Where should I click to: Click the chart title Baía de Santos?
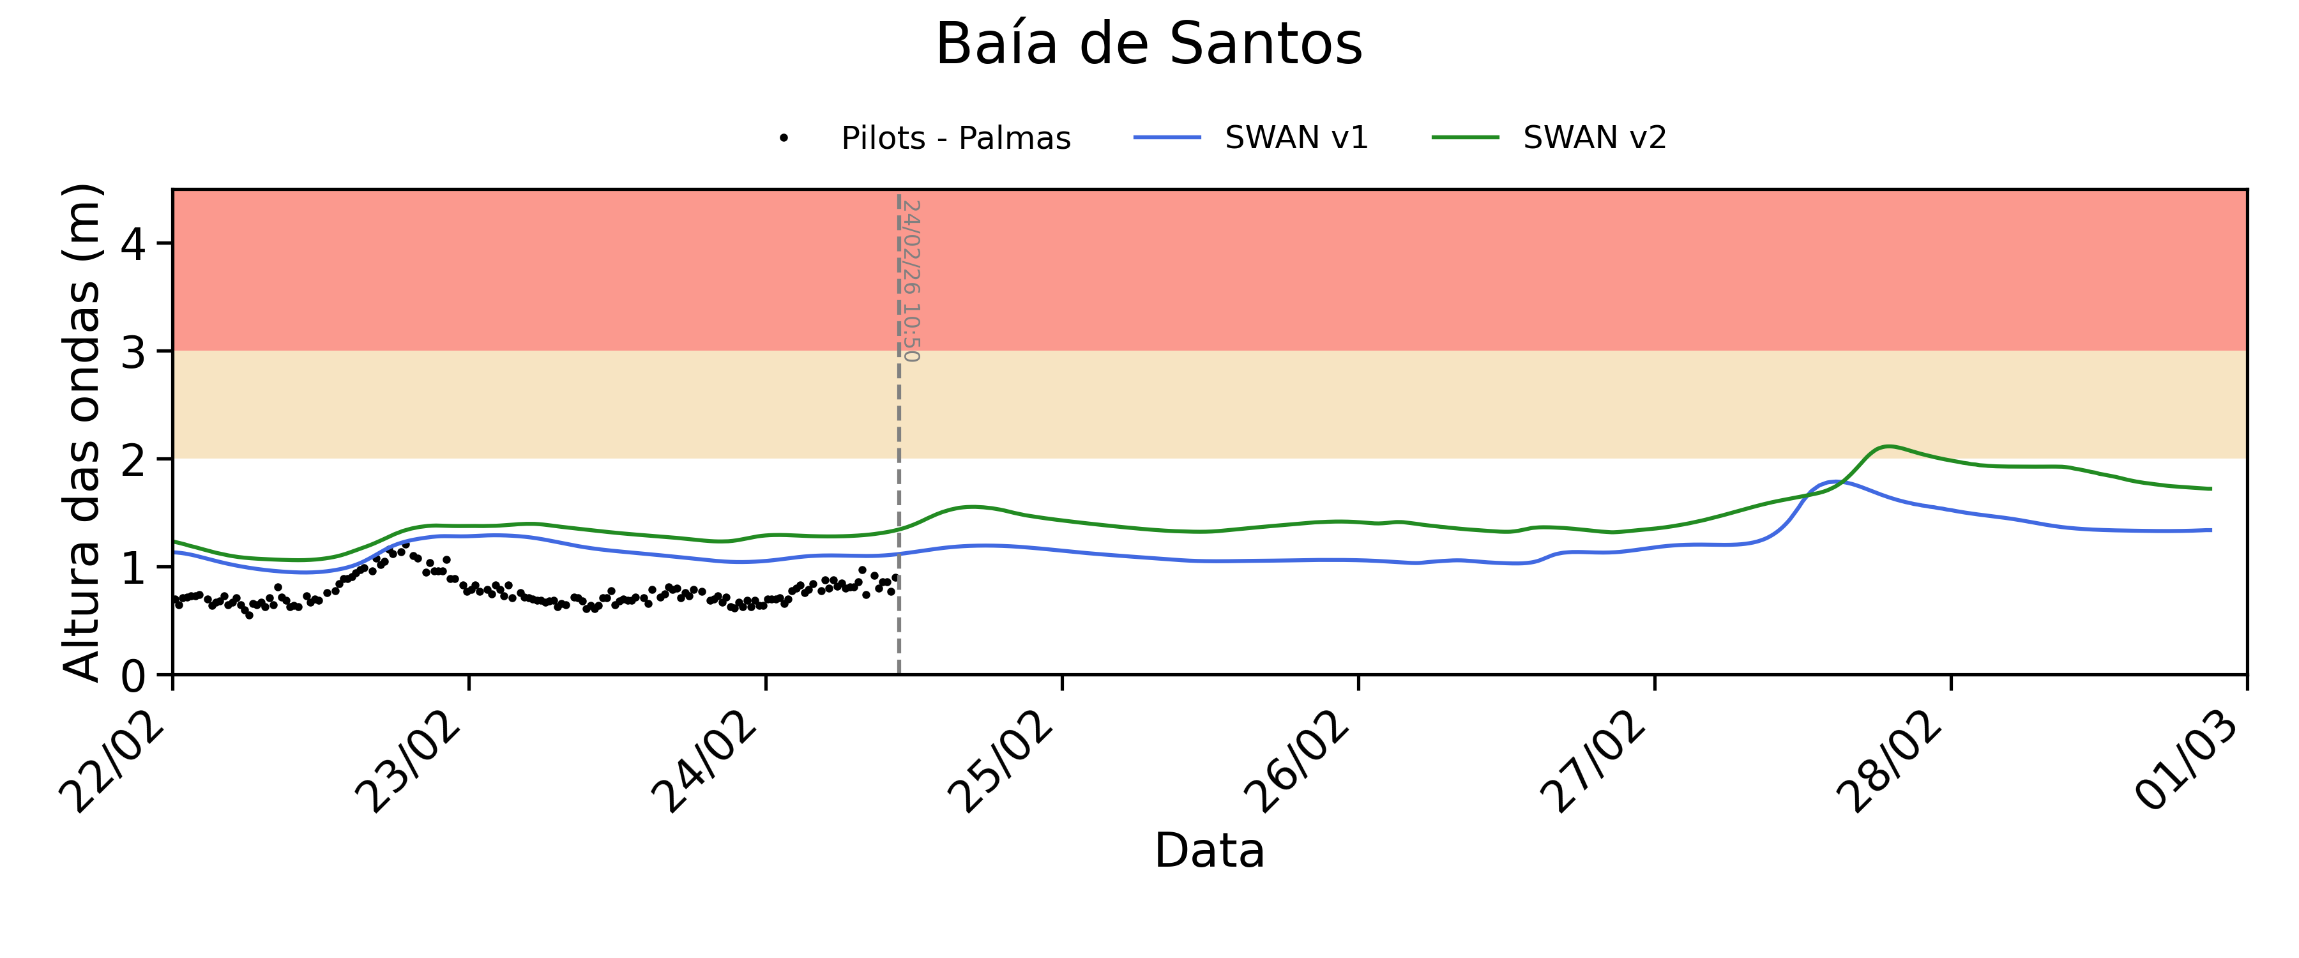[1149, 45]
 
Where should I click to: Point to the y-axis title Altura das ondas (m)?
[82, 432]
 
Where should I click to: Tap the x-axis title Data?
[1210, 850]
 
